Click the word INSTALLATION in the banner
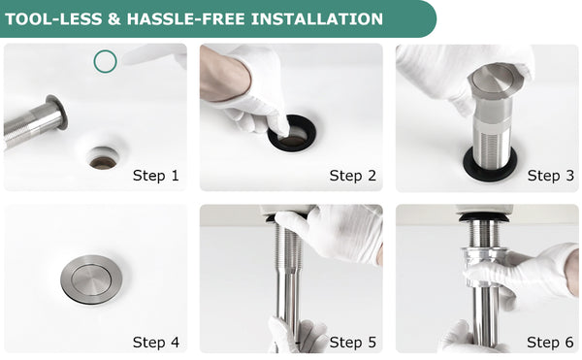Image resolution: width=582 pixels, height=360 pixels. [317, 19]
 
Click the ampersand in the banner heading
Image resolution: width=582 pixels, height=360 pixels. [114, 19]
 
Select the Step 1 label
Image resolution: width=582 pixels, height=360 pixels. [156, 176]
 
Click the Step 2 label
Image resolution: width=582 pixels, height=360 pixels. [353, 176]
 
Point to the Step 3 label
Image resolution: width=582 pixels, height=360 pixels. [551, 176]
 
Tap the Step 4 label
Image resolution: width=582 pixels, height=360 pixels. [156, 342]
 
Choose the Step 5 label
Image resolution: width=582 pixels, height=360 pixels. [353, 342]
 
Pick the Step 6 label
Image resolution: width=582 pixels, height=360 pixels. [550, 342]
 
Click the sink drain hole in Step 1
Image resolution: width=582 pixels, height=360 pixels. [103, 159]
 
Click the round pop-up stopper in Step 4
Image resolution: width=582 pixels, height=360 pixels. [91, 279]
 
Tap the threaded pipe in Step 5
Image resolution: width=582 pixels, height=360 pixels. [288, 276]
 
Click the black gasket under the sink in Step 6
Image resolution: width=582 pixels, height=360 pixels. [483, 216]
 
